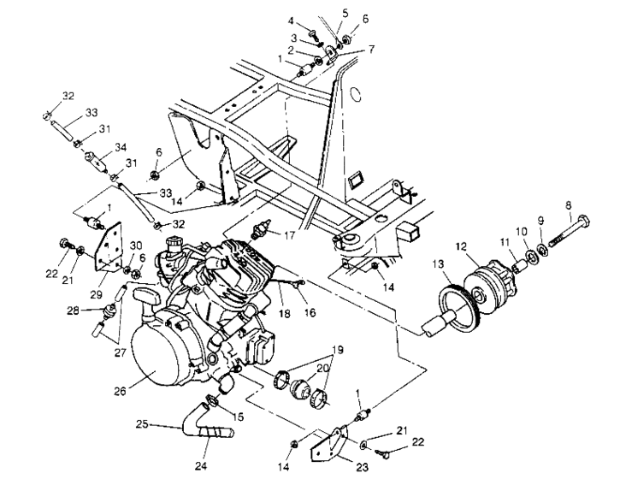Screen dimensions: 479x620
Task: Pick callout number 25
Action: click(x=143, y=423)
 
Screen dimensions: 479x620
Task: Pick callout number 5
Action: click(x=345, y=13)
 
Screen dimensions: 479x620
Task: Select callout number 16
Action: click(x=310, y=313)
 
